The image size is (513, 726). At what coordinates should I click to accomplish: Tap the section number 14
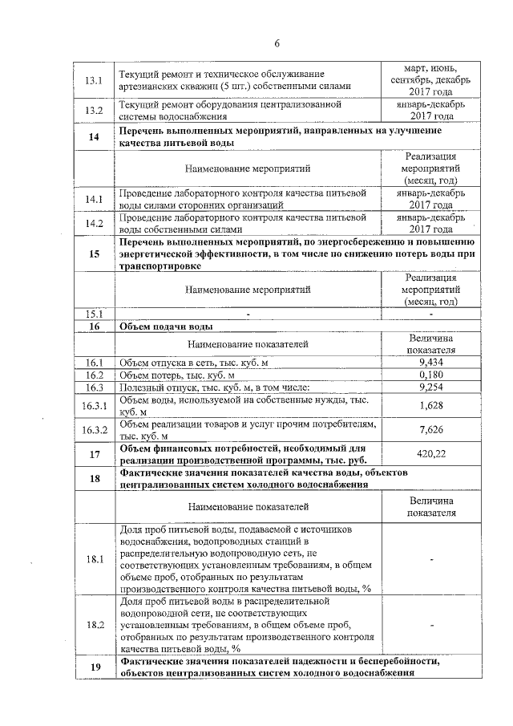(x=95, y=136)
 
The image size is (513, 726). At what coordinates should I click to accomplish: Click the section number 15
(x=95, y=254)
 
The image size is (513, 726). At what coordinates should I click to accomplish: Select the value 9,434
(x=431, y=363)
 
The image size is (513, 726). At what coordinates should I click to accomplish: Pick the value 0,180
(x=431, y=375)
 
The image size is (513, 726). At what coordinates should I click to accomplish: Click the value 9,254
(x=431, y=387)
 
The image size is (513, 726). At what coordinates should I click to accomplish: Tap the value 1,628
(x=431, y=406)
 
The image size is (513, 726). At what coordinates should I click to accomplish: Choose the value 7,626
(x=431, y=430)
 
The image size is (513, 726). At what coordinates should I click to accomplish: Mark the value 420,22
(x=431, y=454)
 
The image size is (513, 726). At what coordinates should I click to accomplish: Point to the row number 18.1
(x=95, y=559)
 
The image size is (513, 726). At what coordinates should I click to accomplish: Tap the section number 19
(x=95, y=667)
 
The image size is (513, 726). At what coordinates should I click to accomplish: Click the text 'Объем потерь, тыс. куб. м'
(x=177, y=375)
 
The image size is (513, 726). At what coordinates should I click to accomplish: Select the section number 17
(x=95, y=454)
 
